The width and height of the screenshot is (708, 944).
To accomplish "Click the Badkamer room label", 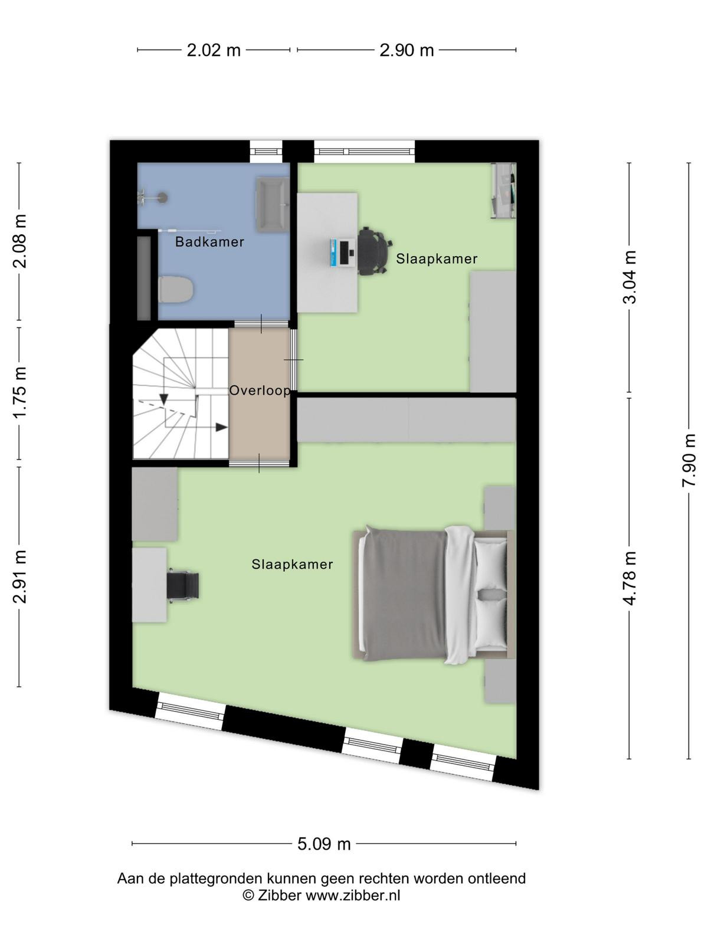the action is [209, 242].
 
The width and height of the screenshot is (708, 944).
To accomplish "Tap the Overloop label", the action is [260, 391].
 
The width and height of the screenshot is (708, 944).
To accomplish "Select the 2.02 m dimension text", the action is [213, 50].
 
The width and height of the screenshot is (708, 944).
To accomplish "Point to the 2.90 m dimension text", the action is [407, 50].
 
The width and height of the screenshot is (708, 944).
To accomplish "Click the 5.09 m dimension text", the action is [324, 844].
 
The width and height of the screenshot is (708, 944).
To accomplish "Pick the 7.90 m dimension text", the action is [688, 460].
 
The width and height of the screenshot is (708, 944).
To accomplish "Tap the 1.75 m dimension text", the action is [20, 392].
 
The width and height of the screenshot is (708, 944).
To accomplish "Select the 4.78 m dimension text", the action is [630, 578].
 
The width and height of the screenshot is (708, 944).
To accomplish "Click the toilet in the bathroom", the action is [176, 289].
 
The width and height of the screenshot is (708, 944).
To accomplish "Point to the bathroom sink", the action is [273, 205].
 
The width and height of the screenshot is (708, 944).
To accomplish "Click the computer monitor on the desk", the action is [346, 253].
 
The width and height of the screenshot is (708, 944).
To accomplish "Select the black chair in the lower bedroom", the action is [183, 585].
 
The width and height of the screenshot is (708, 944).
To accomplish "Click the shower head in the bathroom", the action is [162, 198].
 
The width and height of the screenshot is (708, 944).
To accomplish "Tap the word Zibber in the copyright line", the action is [279, 896].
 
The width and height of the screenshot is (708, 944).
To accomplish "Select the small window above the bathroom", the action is [266, 152].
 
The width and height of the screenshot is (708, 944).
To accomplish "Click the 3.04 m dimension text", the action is [630, 277].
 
